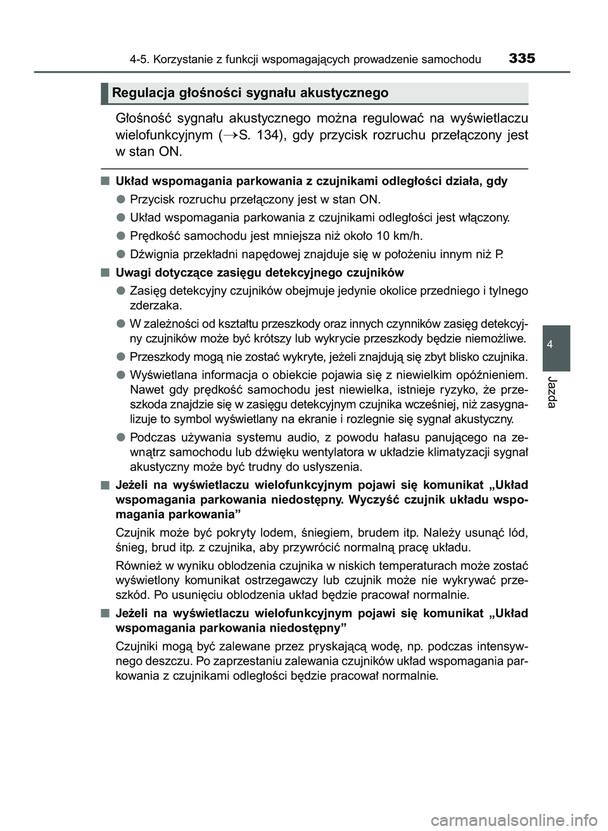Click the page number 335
click(x=521, y=59)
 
